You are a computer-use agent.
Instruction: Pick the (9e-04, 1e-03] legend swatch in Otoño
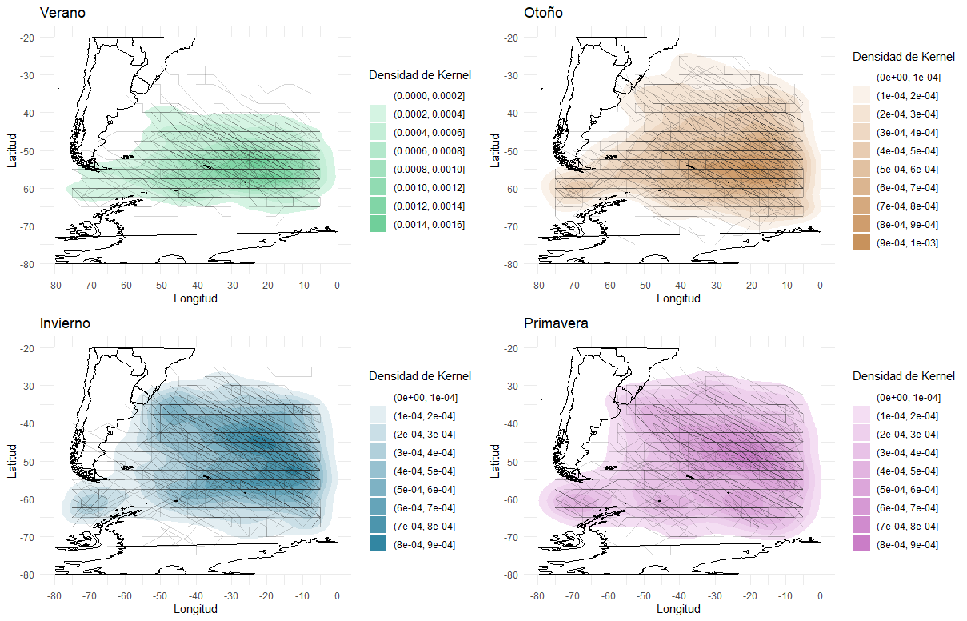point(861,242)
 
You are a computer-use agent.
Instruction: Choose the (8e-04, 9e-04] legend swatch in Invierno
point(378,544)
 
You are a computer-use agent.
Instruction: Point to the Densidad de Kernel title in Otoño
point(904,57)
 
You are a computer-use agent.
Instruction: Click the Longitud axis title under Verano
point(195,298)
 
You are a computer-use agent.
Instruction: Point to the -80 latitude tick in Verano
point(28,264)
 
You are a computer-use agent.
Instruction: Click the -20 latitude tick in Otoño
point(513,38)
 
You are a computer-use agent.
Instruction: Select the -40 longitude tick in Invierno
point(194,596)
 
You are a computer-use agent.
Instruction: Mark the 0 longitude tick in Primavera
point(821,596)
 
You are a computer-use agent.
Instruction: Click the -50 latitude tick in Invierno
point(28,462)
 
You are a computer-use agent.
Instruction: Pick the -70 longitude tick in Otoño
point(573,285)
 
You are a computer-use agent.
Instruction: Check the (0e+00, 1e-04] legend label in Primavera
point(907,397)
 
